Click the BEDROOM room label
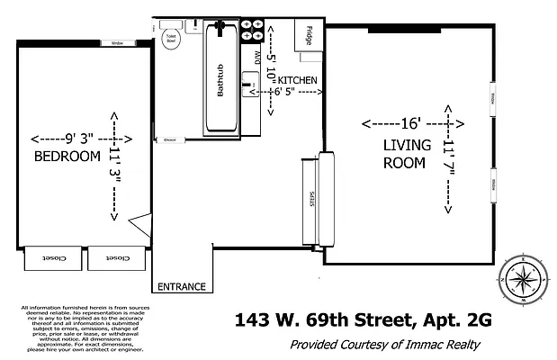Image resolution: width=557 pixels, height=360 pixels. (67, 157)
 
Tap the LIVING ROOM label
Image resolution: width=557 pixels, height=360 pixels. (408, 154)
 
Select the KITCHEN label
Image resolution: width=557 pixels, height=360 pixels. (297, 80)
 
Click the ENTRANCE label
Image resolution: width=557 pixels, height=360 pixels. (182, 287)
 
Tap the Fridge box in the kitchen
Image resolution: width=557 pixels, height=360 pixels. (309, 37)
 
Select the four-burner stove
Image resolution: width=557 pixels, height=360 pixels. (253, 30)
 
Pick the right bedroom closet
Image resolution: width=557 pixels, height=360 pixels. (114, 257)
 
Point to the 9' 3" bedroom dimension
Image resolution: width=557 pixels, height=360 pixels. (67, 139)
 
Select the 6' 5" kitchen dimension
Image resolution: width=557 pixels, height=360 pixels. (290, 91)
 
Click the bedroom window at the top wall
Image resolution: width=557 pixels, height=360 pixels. (118, 43)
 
